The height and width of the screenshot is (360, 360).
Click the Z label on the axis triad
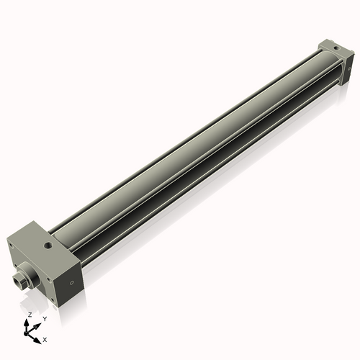click(29, 315)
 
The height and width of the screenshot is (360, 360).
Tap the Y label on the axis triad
click(45, 318)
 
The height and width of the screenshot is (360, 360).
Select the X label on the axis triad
click(45, 338)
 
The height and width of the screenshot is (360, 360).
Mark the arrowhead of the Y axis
click(39, 323)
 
